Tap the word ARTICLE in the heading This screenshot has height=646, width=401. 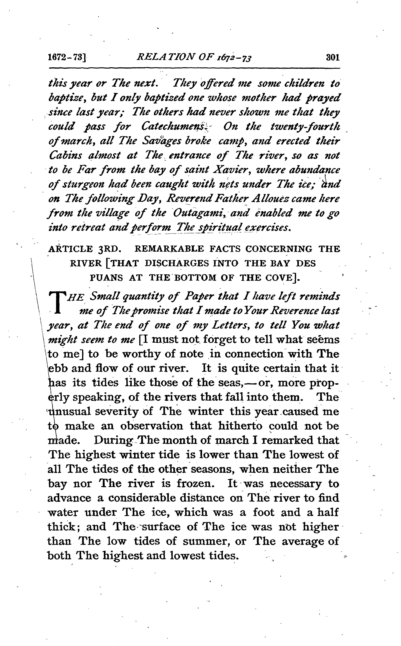70,249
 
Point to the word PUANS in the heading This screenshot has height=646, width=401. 107,278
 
